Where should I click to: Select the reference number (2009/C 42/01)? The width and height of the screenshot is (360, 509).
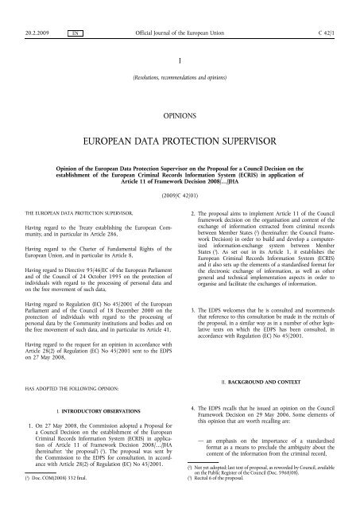tap(180, 192)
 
